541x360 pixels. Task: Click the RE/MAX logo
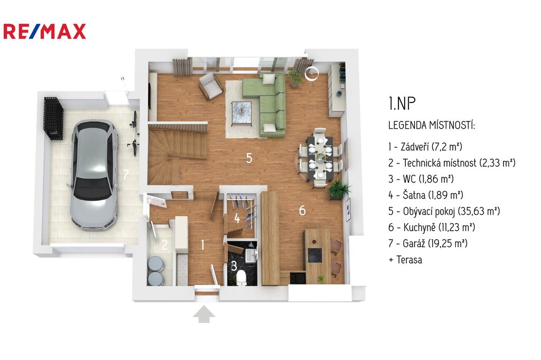[44, 31]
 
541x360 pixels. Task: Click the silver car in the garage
[94, 175]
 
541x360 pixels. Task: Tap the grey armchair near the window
[210, 86]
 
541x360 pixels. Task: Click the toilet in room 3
[241, 278]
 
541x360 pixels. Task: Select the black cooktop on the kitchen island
[315, 255]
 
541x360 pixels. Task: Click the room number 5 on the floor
[249, 158]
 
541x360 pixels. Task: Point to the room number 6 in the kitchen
[302, 210]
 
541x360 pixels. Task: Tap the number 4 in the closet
[237, 219]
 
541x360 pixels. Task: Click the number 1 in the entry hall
[202, 245]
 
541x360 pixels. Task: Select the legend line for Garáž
[428, 243]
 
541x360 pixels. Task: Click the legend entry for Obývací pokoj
[444, 211]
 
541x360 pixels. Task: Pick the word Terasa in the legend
[409, 260]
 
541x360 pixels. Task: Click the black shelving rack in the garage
[53, 118]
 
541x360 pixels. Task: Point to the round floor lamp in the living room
[312, 73]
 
